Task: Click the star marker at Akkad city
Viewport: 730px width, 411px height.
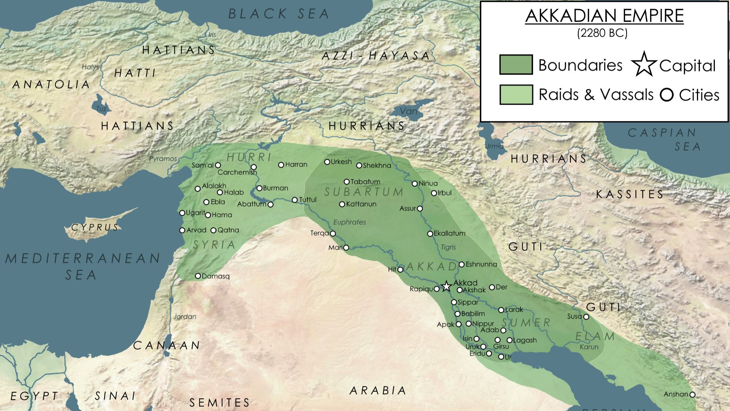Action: [446, 286]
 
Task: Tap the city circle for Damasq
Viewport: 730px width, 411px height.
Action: [198, 276]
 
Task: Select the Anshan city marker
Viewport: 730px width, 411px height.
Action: [692, 395]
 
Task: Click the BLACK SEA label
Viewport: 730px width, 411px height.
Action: [279, 14]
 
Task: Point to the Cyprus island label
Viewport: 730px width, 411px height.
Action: [95, 228]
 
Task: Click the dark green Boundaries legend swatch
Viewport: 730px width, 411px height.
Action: [516, 65]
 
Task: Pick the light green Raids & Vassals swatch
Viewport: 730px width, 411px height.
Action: [516, 94]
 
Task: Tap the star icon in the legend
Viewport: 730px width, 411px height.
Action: [644, 65]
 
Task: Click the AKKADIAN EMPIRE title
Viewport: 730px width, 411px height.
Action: [604, 16]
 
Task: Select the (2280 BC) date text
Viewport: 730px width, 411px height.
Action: [602, 33]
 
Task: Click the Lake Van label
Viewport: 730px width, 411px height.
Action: [409, 112]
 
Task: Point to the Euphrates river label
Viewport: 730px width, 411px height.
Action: [349, 222]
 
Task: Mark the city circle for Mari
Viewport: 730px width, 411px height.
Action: [346, 248]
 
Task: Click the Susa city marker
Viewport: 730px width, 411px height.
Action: [586, 317]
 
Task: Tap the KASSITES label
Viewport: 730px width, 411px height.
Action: [630, 194]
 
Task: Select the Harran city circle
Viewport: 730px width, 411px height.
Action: [281, 165]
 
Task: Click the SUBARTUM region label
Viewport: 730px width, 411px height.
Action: [364, 192]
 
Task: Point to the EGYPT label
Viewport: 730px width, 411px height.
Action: [34, 396]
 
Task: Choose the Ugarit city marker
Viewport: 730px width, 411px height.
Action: [182, 213]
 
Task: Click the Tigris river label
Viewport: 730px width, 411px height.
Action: [448, 247]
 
